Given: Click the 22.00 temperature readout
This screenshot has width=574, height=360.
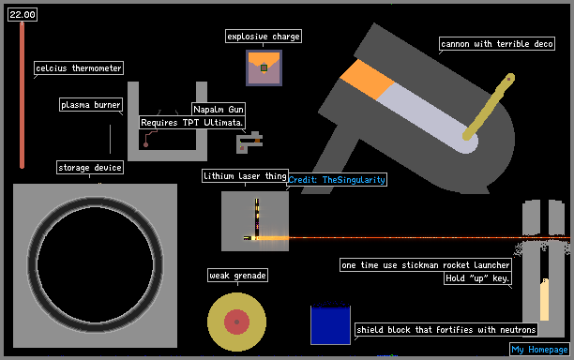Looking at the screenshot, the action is pyautogui.click(x=23, y=15).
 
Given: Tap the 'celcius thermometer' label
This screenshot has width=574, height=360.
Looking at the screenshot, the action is pyautogui.click(x=79, y=68).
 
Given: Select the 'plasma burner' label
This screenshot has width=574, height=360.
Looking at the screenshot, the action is pyautogui.click(x=91, y=105).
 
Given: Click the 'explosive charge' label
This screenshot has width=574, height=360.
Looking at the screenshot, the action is pyautogui.click(x=264, y=37).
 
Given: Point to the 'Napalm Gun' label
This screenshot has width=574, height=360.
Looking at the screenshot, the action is pyautogui.click(x=219, y=109).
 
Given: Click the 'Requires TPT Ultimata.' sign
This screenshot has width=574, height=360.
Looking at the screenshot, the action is pyautogui.click(x=192, y=122).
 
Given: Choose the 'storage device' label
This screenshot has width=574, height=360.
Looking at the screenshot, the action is pyautogui.click(x=90, y=168).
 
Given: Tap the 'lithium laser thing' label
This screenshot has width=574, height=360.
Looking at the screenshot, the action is pyautogui.click(x=245, y=176).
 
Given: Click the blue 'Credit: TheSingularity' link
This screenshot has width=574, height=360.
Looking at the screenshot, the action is pyautogui.click(x=337, y=180).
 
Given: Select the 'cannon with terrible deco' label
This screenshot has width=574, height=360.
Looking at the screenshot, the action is pyautogui.click(x=497, y=44).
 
